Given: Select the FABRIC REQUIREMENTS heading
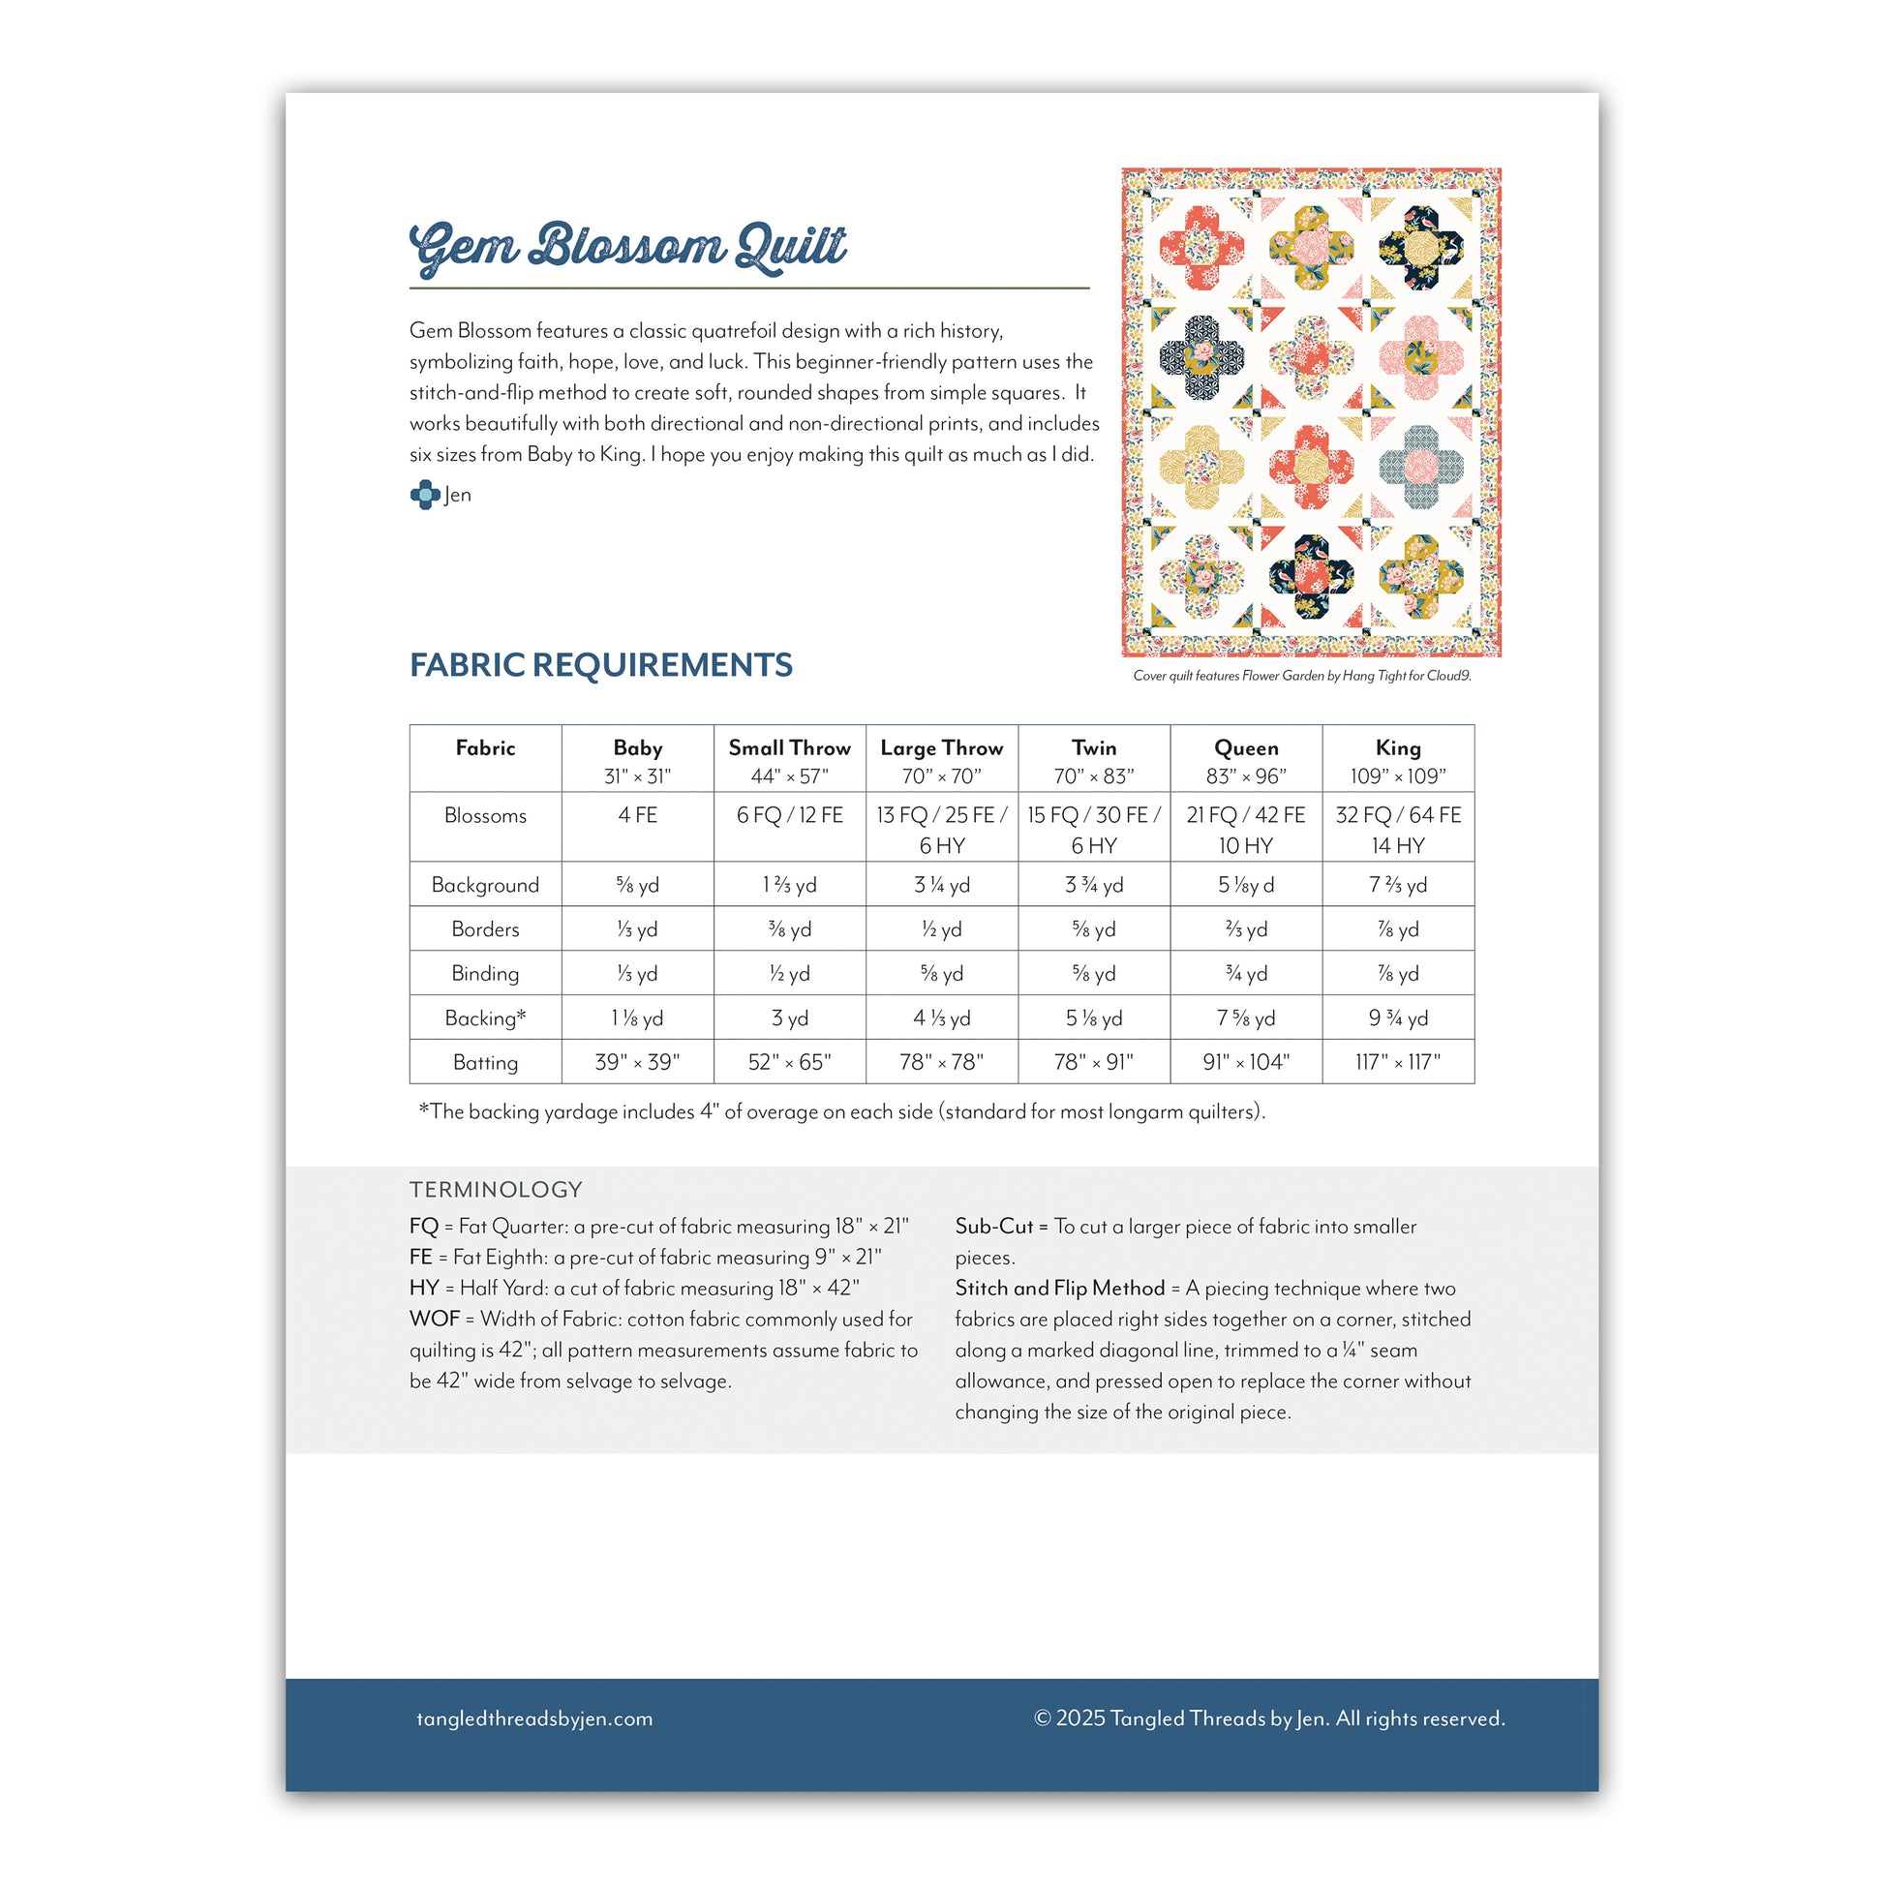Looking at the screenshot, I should coord(600,665).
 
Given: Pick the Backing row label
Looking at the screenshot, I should coord(485,1018).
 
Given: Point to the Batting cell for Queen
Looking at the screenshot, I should coord(1245,1062).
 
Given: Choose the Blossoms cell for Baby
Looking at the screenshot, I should coord(637,815).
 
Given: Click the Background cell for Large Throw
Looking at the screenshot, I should coord(941,886).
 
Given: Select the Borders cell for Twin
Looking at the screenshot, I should coord(1093,929).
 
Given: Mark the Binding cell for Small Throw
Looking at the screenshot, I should coord(789,973).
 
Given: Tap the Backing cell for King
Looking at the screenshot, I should coord(1397,1018).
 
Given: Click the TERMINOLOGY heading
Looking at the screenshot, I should coord(496,1190).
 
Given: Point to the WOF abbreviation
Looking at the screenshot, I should coord(434,1320).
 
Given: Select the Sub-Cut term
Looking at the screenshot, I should coord(992,1227).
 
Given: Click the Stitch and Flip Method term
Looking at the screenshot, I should coord(1059,1289).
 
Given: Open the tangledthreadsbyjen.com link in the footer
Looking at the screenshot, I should coord(534,1719).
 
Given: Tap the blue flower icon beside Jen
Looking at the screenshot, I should coord(424,495).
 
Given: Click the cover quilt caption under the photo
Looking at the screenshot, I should coord(1301,676).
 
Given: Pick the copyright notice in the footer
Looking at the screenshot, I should coord(1268,1719).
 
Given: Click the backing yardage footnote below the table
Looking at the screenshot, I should coord(841,1111).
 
